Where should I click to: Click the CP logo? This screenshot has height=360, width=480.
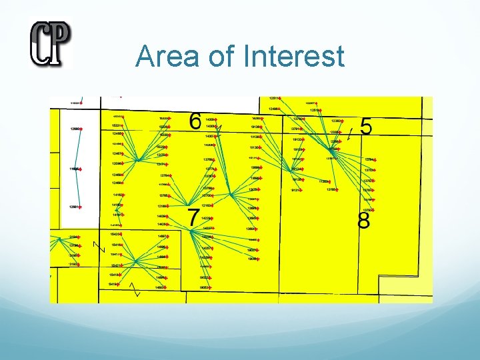tap(50, 43)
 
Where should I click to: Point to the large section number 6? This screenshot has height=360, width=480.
tap(195, 121)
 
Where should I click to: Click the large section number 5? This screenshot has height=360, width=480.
tap(366, 126)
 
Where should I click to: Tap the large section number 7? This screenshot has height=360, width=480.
tap(193, 217)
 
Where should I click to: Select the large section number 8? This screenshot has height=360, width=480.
tap(364, 221)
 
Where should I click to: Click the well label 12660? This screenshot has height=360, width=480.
tap(74, 129)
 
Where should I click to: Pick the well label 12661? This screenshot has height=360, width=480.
tap(73, 207)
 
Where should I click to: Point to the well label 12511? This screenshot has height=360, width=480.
tap(273, 99)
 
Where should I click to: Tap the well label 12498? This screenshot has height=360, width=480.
tap(273, 109)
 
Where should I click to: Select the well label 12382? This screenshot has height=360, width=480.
tap(336, 121)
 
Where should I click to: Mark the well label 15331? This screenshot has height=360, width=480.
tap(116, 125)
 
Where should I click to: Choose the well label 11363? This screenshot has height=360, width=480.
tap(324, 181)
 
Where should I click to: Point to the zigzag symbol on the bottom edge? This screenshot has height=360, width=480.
tap(137, 289)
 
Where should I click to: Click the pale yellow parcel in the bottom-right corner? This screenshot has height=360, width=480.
tap(405, 289)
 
